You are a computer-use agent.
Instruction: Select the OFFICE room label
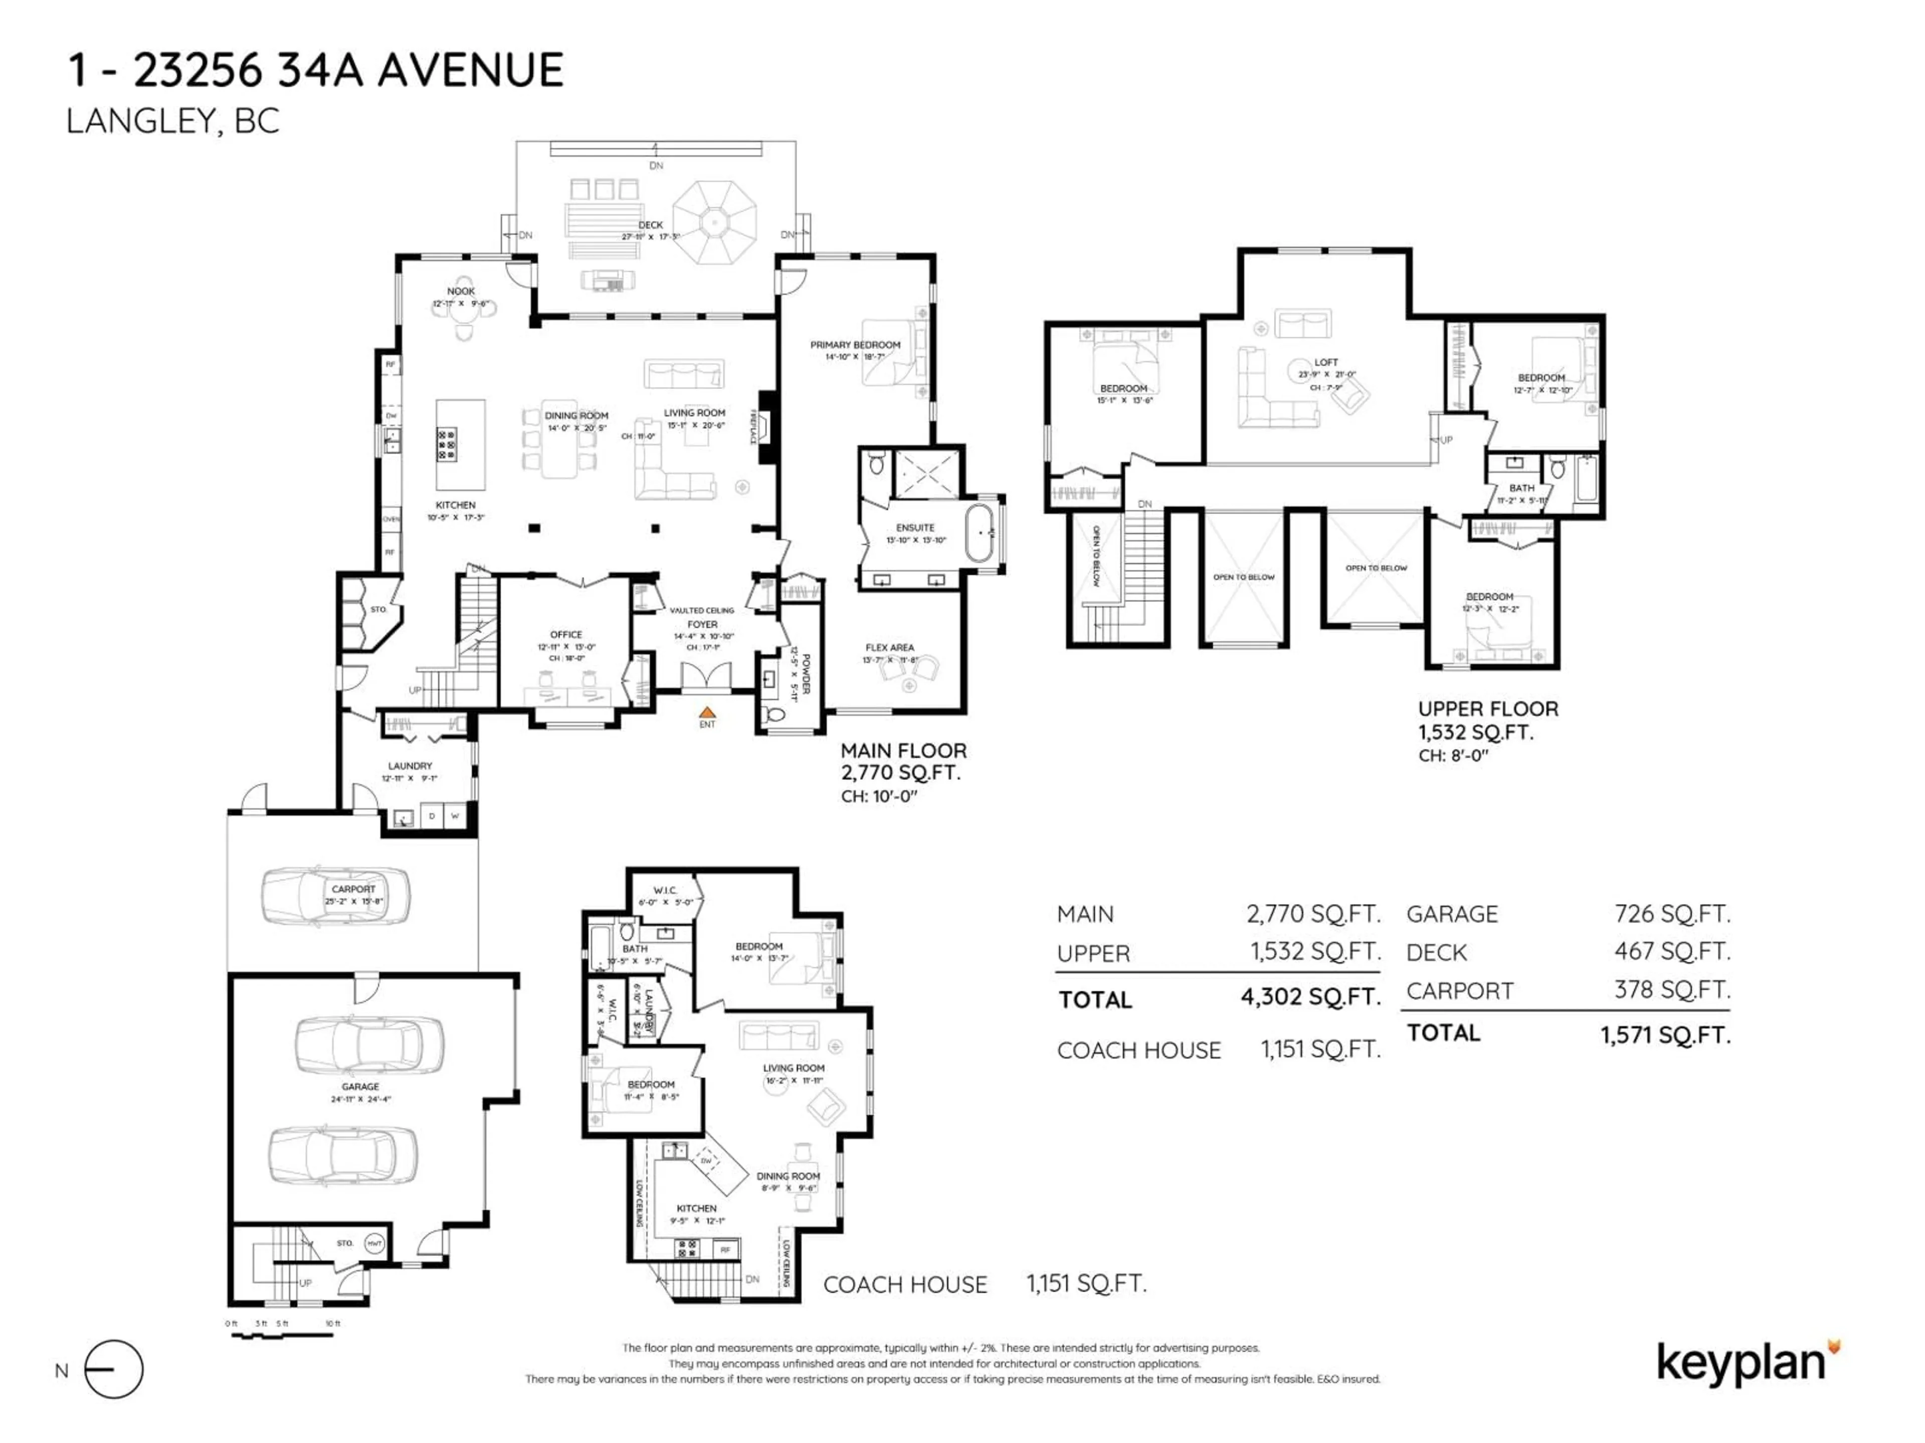565,635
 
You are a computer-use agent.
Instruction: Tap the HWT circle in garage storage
374,1243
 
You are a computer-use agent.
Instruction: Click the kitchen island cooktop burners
447,443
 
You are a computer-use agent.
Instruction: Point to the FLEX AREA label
889,647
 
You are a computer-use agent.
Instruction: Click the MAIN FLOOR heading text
903,751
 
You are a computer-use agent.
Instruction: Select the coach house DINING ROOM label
788,1176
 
